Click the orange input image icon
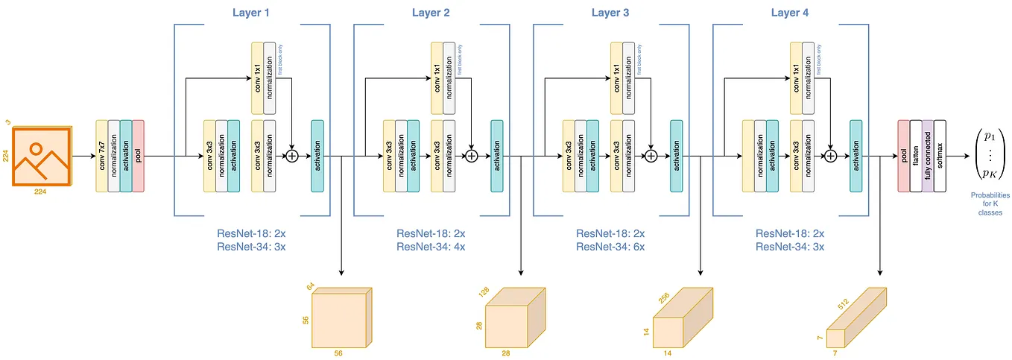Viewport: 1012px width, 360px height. click(42, 157)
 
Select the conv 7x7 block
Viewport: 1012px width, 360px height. click(101, 156)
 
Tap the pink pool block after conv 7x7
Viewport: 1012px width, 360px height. click(138, 156)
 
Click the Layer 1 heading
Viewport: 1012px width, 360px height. click(251, 13)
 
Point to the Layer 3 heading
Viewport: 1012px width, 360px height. click(610, 13)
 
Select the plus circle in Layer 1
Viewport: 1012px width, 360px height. click(291, 157)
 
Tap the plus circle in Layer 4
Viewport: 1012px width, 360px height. click(830, 157)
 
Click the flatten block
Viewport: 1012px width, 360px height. click(916, 156)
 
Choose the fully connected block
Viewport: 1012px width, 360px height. click(928, 156)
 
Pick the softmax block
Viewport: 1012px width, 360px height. click(940, 156)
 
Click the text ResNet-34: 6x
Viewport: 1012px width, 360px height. click(610, 247)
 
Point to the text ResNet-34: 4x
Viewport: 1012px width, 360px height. click(431, 247)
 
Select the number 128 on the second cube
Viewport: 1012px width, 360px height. click(484, 294)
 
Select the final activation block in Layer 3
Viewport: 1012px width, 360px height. click(676, 156)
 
